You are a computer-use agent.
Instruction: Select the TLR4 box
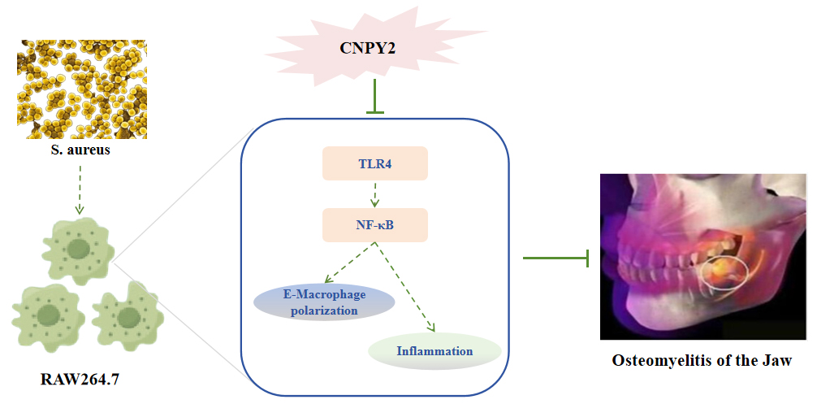pyautogui.click(x=374, y=163)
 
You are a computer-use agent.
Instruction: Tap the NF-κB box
pyautogui.click(x=374, y=224)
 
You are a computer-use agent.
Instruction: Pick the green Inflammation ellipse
pyautogui.click(x=434, y=351)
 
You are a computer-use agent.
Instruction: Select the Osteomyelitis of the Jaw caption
pyautogui.click(x=701, y=360)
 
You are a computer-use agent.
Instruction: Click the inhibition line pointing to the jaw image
pyautogui.click(x=555, y=258)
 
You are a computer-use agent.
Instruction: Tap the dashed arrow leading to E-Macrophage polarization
pyautogui.click(x=345, y=264)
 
